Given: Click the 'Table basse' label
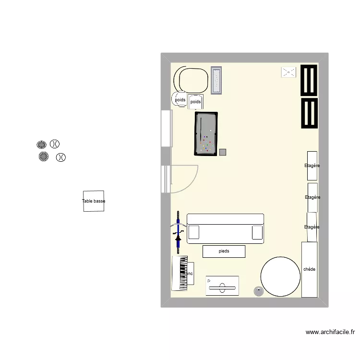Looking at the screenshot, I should [x=94, y=202].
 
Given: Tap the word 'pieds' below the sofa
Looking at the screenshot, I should [x=224, y=251].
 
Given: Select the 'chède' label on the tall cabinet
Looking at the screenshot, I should [x=310, y=269].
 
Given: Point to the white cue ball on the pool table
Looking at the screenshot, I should [x=210, y=131].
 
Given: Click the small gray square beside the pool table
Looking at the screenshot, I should [x=222, y=152].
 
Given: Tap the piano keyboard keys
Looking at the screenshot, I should [x=182, y=273].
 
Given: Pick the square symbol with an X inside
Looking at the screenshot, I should [x=288, y=72].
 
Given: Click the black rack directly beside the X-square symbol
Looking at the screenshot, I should [x=310, y=81].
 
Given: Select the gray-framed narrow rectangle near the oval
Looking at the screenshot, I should [x=216, y=81].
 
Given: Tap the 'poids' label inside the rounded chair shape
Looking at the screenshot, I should [x=180, y=100].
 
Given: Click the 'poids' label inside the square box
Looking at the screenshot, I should [x=195, y=102].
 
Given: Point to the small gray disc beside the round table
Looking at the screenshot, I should [x=259, y=290].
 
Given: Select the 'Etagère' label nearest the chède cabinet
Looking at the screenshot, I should [x=312, y=227].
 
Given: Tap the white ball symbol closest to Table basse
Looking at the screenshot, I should [x=61, y=157].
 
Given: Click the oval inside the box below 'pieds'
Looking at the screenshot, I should [x=222, y=288].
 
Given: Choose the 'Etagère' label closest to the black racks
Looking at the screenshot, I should [x=312, y=166].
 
